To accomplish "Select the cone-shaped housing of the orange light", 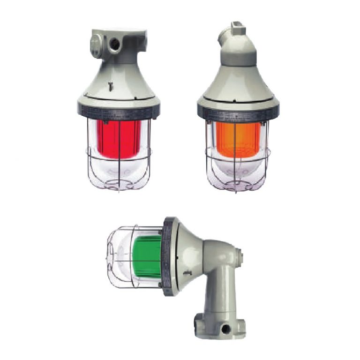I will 238,84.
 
